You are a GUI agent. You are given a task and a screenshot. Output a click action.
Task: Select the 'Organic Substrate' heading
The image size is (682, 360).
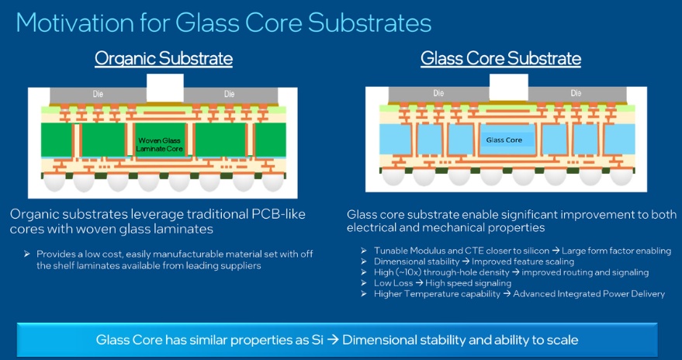(164, 58)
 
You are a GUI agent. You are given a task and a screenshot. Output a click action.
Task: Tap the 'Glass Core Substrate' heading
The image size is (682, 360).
(500, 58)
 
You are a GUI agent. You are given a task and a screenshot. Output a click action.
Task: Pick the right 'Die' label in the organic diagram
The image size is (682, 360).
(229, 94)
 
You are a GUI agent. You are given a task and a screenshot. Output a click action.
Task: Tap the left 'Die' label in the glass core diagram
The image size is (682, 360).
(438, 93)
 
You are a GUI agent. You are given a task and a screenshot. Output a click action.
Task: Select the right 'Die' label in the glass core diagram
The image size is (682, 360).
(575, 93)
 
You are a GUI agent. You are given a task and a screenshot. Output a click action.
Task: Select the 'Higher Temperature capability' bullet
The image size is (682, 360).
(431, 294)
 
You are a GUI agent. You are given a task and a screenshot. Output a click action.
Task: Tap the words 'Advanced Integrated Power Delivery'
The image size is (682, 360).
(589, 294)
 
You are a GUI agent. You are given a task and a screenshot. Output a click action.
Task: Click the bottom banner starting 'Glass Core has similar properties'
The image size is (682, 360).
(337, 340)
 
